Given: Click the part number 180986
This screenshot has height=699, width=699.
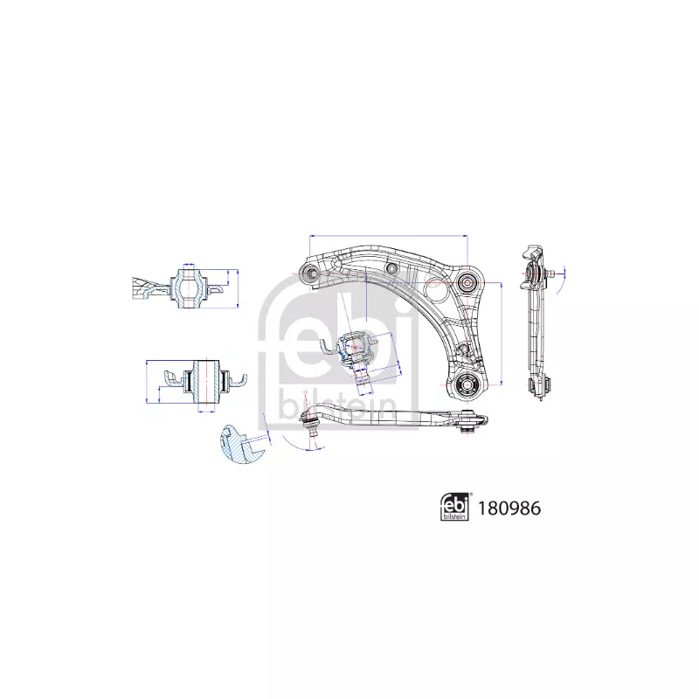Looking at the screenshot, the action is (509, 509).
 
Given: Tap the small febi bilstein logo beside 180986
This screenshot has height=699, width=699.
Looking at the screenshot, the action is (454, 508).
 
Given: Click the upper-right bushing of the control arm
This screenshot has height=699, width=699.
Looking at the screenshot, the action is (467, 281).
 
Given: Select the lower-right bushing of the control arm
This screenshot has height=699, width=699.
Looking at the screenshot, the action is (467, 384).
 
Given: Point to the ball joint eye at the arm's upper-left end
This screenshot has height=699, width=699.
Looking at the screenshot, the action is (309, 272).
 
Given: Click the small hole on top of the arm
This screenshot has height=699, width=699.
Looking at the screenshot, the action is (391, 268).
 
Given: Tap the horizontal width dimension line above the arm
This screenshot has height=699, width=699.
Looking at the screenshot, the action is (388, 235).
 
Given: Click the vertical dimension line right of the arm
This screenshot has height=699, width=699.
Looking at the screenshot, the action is (501, 333).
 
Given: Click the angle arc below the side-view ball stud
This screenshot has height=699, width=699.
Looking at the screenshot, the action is (294, 445).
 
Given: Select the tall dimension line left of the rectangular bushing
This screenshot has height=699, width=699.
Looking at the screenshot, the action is (147, 381).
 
